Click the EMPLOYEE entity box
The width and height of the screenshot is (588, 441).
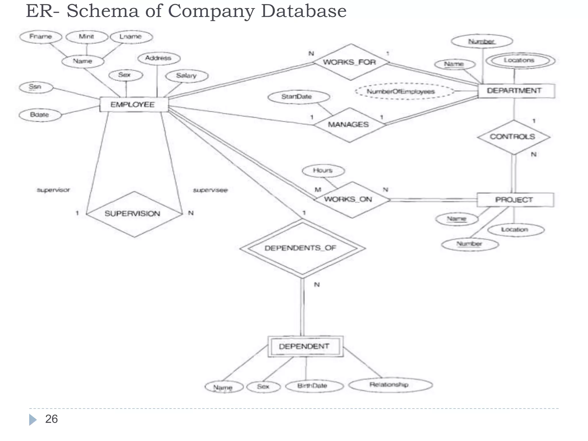coord(134,105)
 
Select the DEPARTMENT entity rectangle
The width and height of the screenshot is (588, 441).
coord(516,91)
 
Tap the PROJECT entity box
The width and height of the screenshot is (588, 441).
coord(515,200)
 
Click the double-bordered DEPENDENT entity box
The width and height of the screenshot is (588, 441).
coord(305,346)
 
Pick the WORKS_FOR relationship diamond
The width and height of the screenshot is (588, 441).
coord(350,62)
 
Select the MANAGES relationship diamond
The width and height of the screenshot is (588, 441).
coord(349,125)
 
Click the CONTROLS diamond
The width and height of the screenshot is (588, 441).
coord(513,137)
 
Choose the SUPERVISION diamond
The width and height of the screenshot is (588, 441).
coord(134,214)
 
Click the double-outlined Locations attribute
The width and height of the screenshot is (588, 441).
coord(520,61)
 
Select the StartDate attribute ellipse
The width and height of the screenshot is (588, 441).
coord(298,97)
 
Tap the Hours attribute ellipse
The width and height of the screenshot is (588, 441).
coord(323,171)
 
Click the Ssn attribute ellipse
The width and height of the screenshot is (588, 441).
coord(36,87)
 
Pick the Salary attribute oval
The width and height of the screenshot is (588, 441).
coord(187,76)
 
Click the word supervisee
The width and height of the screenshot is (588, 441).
coord(210,190)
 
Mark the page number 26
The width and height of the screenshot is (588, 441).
coord(51,419)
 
